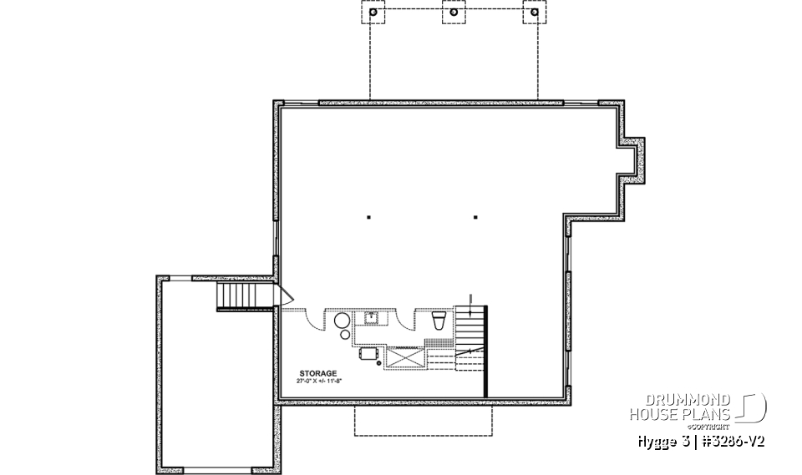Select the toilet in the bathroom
[x=439, y=321]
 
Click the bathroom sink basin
[x=368, y=317]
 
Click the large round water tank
[x=343, y=321]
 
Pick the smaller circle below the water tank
[x=345, y=336]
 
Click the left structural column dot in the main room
[x=369, y=218]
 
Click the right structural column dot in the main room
[x=475, y=218]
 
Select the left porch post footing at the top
[x=372, y=13]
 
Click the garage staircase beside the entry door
[x=235, y=296]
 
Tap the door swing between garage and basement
[x=285, y=296]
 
